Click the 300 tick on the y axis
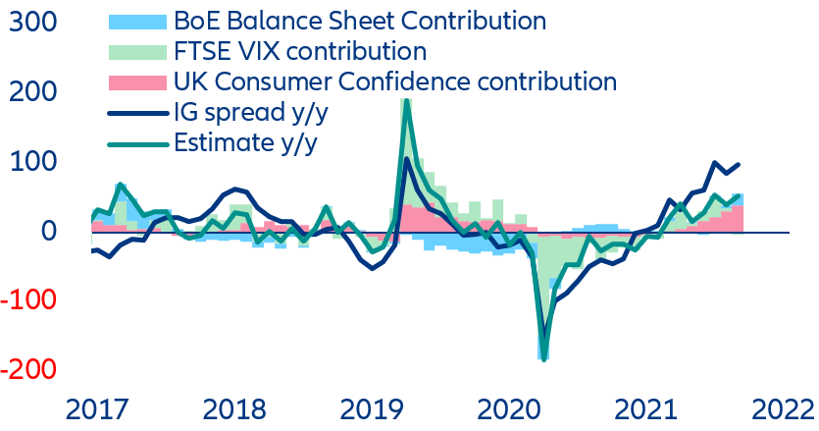click(31, 21)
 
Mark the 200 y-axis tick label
click(31, 90)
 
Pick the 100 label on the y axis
click(31, 160)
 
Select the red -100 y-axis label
click(26, 300)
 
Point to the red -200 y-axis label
click(26, 370)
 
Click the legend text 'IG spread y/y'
click(251, 112)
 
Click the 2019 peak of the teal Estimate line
click(406, 101)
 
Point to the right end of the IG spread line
click(738, 165)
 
